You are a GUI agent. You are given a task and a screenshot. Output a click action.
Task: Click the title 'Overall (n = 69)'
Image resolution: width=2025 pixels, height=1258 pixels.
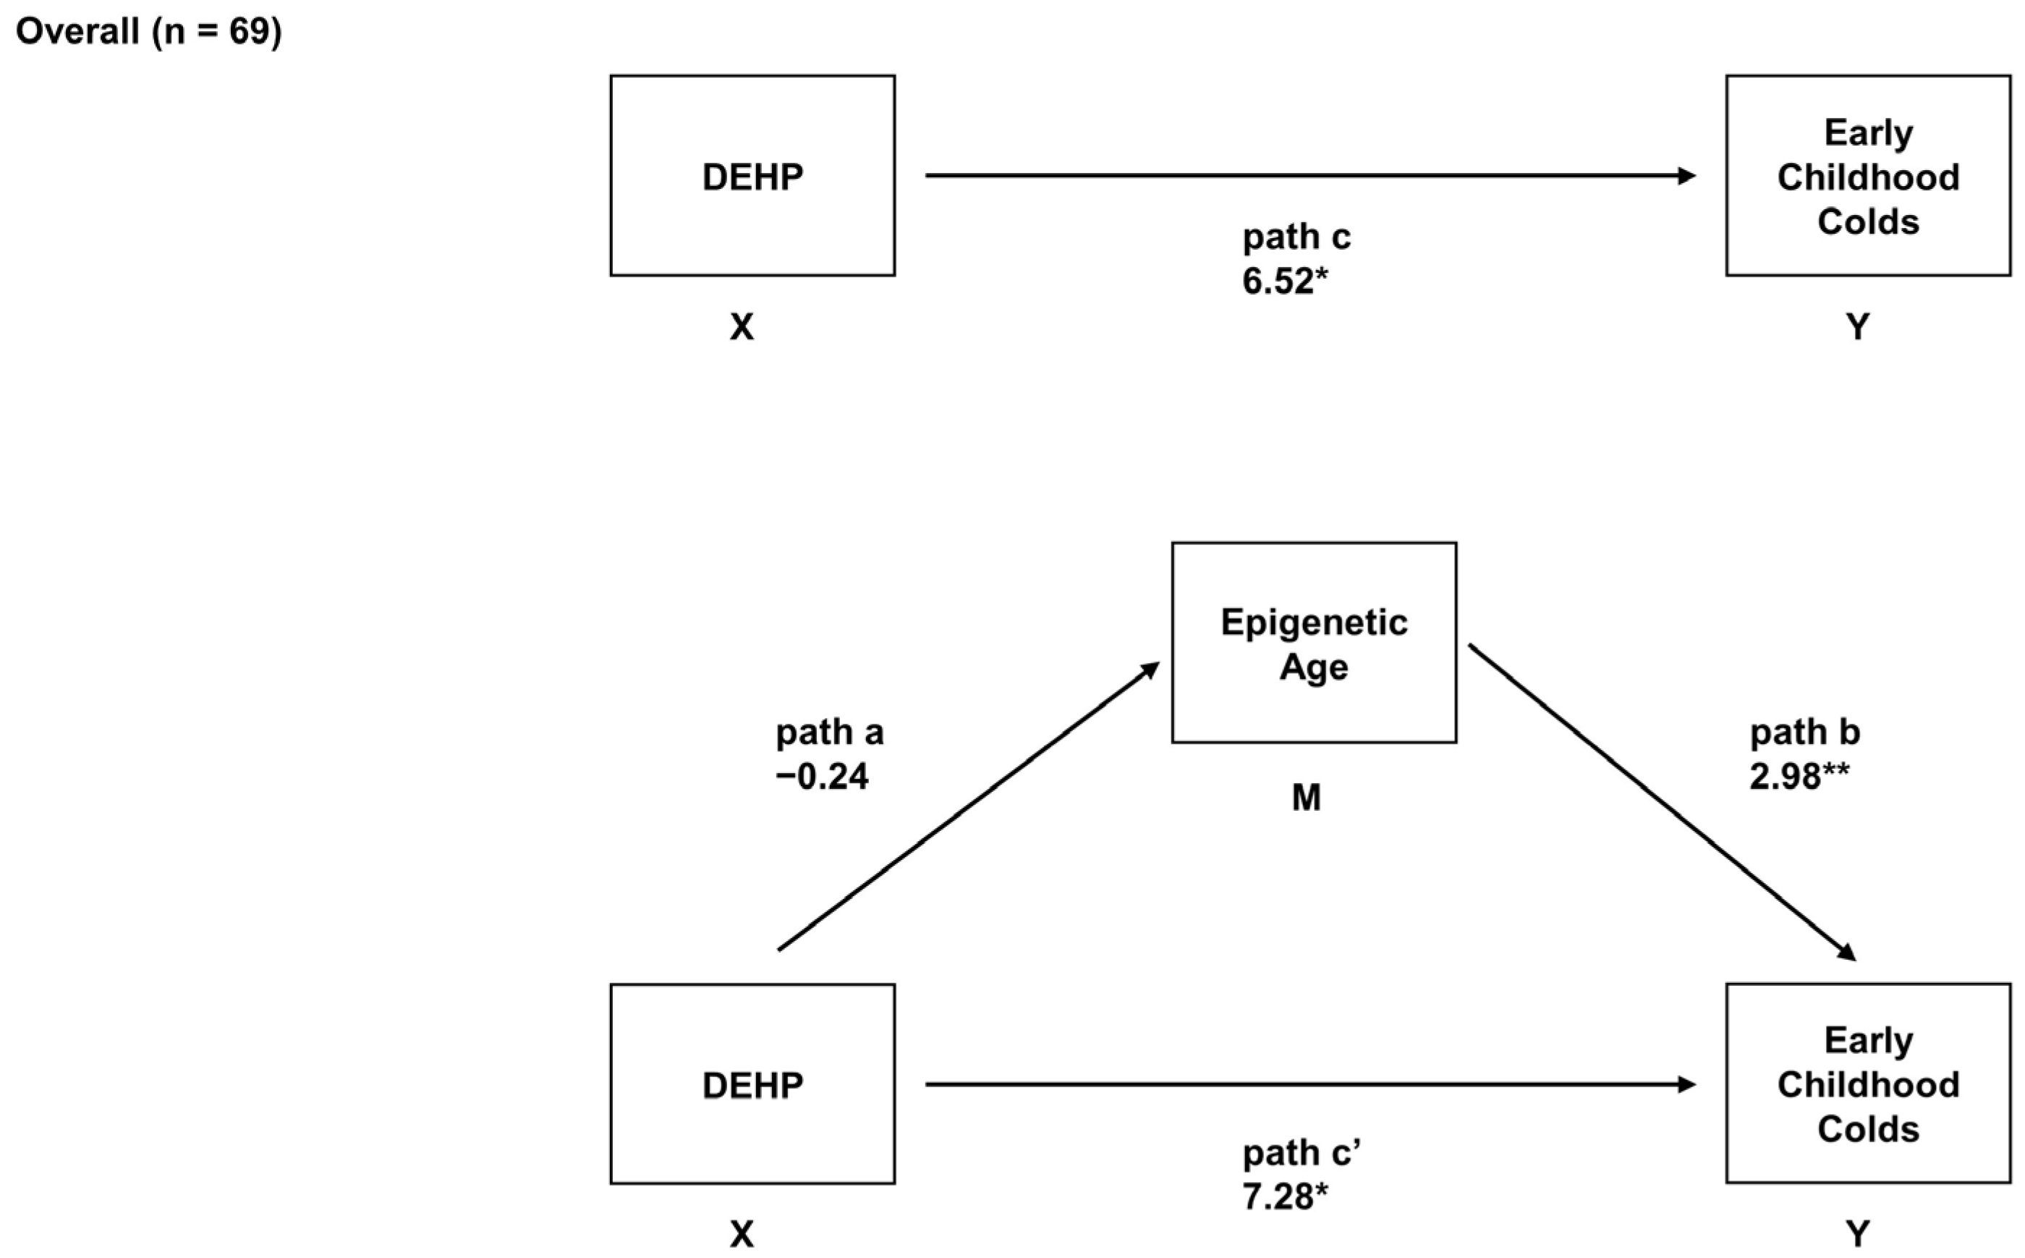[149, 33]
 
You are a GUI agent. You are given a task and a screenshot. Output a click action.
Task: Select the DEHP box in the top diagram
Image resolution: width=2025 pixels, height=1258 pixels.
[752, 176]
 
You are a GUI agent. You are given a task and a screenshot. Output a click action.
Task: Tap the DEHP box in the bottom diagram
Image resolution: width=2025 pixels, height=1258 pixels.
[752, 1084]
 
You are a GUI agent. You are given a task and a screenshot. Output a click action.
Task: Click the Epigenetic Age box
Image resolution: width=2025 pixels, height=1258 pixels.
[1313, 642]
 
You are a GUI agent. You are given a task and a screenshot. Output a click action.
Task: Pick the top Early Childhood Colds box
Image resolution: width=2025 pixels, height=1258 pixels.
[1868, 176]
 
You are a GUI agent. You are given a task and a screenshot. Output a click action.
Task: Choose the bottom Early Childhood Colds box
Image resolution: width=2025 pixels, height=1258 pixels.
[1868, 1084]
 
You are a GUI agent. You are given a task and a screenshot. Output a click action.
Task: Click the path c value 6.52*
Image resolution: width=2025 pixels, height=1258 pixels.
[1284, 282]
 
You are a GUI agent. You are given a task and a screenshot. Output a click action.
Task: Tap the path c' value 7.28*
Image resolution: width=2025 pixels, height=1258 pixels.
[1284, 1196]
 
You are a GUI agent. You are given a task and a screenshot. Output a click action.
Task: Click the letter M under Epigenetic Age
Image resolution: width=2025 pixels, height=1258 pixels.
[1306, 798]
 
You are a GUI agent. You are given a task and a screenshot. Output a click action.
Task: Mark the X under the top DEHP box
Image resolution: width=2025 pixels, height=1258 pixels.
[742, 327]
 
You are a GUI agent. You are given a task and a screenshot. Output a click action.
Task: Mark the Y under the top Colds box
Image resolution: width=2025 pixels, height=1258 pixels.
[1857, 327]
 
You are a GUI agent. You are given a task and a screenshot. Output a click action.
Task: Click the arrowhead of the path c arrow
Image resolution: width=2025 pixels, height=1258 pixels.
[1686, 176]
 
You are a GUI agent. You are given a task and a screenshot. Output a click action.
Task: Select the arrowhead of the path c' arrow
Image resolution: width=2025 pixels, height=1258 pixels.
[1686, 1084]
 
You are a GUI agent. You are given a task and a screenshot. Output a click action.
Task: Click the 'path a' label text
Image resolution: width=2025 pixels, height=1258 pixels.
[829, 733]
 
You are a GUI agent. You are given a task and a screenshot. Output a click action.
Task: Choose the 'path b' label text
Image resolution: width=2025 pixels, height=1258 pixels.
[1804, 733]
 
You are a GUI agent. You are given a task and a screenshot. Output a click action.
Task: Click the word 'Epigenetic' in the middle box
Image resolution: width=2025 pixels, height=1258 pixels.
[1313, 622]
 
